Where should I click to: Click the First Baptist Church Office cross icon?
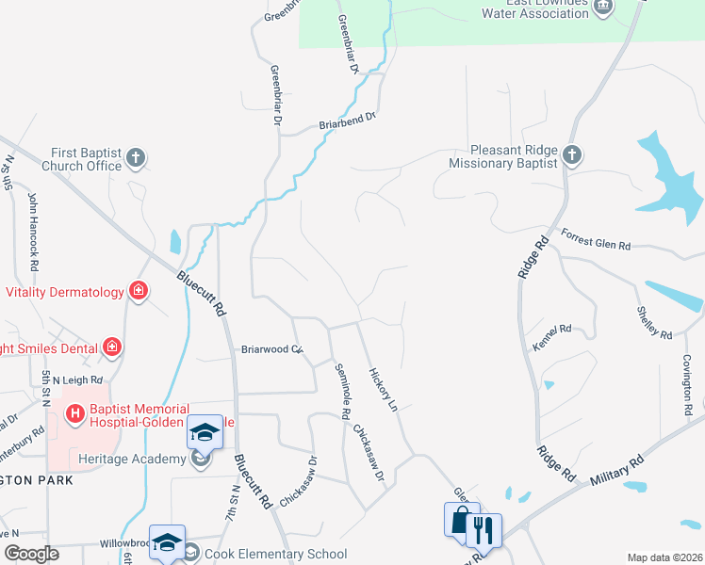click(136, 157)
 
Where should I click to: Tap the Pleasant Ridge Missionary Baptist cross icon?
click(571, 154)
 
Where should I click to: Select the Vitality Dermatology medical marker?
click(139, 291)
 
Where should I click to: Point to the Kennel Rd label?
click(552, 329)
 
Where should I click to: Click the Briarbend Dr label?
click(347, 120)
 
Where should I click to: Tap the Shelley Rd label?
click(653, 322)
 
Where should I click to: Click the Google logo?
click(31, 553)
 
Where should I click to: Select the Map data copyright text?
click(664, 557)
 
